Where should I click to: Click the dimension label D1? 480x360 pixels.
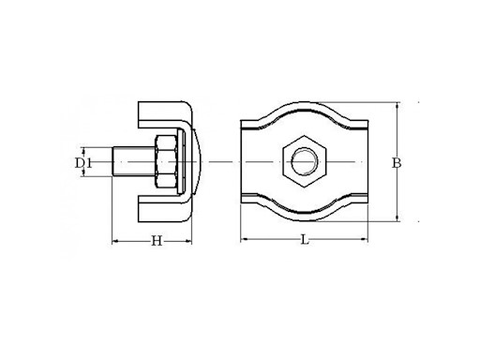[x=83, y=165]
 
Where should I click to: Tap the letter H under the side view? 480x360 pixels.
[x=157, y=242]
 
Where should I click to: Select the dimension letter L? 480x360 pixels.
[x=306, y=242]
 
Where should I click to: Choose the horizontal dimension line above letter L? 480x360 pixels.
[x=281, y=238]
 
